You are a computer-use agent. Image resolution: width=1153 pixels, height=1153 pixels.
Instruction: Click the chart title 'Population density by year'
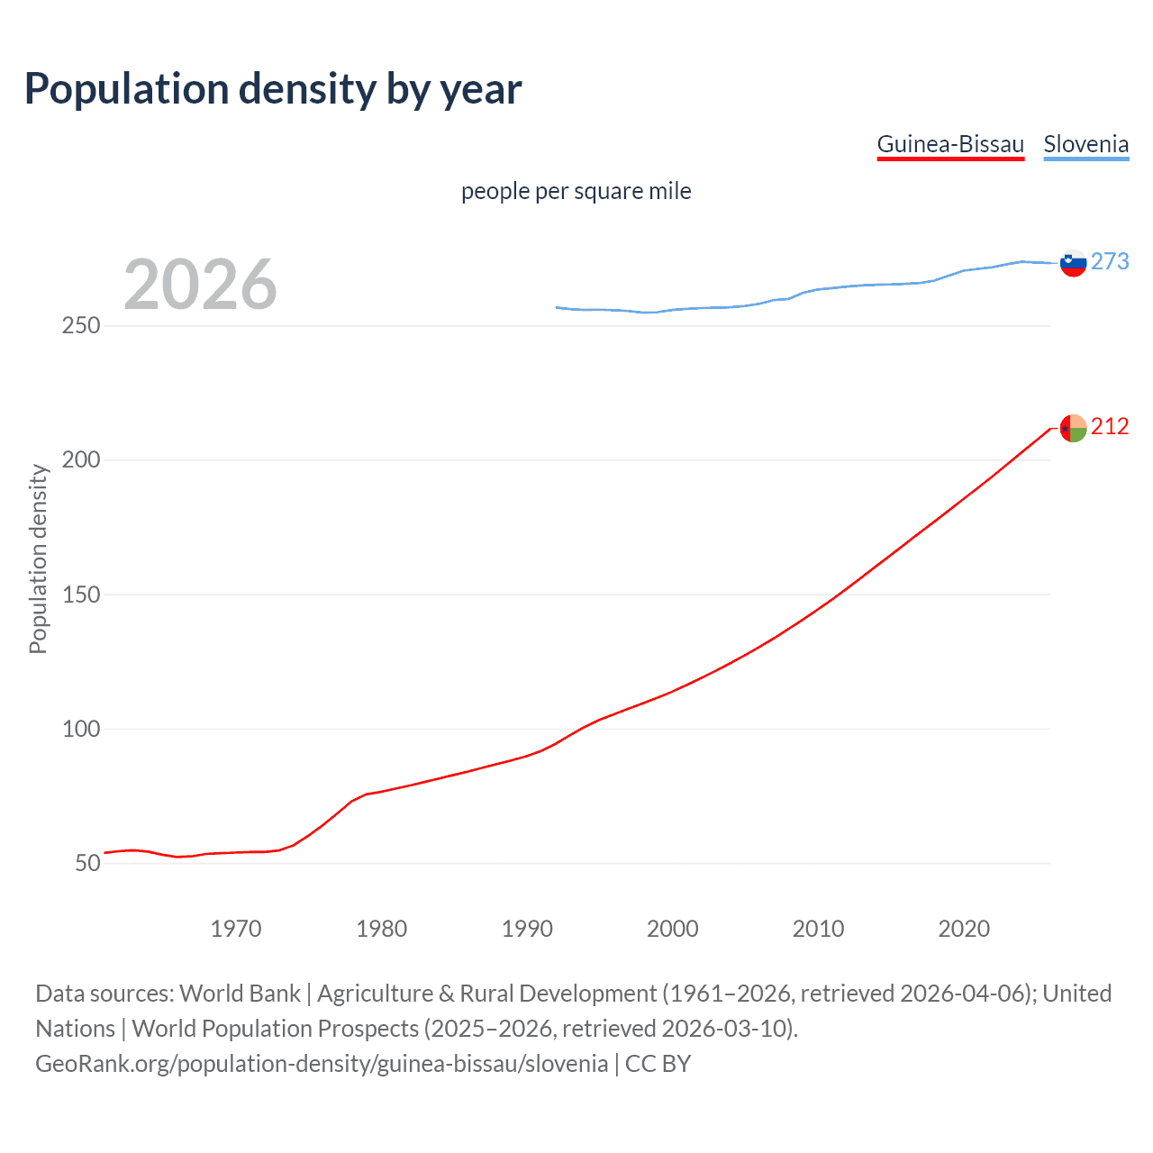point(273,89)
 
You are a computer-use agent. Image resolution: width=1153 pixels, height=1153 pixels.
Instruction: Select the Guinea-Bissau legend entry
point(950,144)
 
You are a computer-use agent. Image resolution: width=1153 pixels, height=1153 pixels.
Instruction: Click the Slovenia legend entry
point(1085,144)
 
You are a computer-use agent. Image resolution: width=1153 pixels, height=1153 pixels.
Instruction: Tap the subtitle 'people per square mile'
point(576,191)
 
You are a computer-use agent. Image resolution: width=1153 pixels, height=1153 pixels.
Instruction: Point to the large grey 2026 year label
point(200,285)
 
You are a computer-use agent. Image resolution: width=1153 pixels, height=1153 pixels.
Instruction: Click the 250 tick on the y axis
point(81,325)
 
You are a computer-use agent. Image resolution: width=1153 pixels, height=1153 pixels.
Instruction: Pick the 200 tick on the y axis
point(81,459)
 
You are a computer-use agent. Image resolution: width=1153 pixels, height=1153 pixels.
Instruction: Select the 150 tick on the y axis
point(81,595)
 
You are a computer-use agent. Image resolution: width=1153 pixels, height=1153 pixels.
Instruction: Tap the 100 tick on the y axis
point(81,729)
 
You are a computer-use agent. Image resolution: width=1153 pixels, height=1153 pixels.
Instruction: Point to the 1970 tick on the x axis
point(236,929)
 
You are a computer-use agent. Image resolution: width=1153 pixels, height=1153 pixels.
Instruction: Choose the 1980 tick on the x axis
point(381,929)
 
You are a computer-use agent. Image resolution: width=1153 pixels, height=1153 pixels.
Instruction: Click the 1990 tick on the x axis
point(527,929)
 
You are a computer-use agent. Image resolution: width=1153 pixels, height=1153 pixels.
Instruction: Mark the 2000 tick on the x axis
point(673,929)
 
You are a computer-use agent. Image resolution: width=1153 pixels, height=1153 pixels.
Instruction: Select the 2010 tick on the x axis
point(818,929)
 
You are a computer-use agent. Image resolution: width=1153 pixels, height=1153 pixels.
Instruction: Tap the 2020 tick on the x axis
point(964,929)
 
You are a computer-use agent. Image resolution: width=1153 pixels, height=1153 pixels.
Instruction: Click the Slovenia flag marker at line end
point(1073,263)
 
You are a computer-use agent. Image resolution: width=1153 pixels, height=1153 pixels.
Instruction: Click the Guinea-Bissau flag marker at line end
point(1073,428)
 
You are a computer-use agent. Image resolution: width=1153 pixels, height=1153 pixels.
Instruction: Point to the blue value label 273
point(1110,261)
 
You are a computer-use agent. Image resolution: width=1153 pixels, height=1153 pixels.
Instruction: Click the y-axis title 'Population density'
point(38,558)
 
